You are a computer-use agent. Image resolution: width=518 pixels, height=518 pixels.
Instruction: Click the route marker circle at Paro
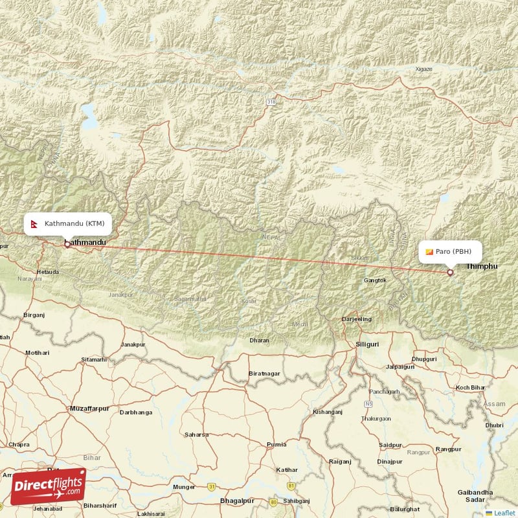click(450, 273)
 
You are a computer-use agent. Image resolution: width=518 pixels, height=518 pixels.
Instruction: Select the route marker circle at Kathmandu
click(67, 244)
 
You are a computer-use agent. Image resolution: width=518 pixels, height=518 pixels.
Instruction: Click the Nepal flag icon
click(35, 223)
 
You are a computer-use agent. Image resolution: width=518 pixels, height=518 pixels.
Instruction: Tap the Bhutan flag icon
click(429, 252)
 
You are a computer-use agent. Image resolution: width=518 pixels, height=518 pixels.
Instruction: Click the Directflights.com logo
click(48, 486)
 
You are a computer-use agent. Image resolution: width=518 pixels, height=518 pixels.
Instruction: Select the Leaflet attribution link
click(502, 513)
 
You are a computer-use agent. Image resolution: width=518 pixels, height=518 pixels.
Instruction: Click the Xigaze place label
click(424, 68)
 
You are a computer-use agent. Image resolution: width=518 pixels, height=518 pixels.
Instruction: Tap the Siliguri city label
click(367, 344)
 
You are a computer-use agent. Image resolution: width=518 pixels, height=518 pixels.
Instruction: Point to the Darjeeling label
click(357, 319)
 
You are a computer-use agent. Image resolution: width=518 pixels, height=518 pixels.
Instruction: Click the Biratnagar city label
click(264, 374)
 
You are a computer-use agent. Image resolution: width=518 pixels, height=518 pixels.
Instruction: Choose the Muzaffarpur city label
click(89, 409)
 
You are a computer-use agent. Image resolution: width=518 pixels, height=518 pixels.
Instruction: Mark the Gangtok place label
click(375, 280)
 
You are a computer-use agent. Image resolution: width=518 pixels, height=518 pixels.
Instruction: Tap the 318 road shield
click(270, 102)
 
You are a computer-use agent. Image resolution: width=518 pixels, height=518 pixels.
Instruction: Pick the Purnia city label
click(276, 444)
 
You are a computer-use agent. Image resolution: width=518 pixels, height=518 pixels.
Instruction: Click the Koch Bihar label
click(471, 387)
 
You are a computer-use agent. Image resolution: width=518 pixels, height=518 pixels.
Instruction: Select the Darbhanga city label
click(137, 412)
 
